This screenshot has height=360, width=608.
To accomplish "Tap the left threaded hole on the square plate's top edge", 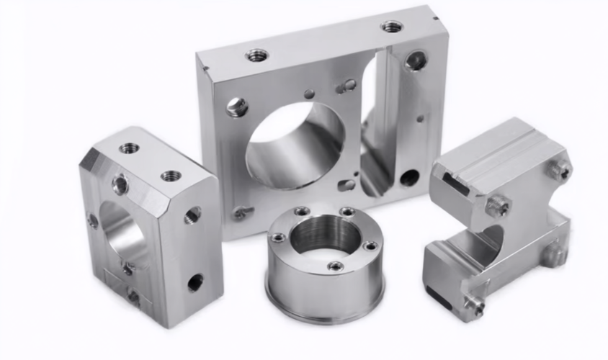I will coord(256,55).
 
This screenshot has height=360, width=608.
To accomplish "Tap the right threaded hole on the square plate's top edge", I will coord(392,27).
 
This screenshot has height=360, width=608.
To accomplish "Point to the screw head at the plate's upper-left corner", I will coord(236,107).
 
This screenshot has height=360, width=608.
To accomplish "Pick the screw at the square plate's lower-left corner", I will coord(240,213).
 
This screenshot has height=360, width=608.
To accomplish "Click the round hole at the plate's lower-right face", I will coord(408,177).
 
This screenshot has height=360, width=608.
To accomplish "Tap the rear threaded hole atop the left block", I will coord(130,148).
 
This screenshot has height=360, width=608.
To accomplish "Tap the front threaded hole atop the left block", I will coord(171,175).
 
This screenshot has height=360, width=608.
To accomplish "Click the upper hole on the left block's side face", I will coord(192,215).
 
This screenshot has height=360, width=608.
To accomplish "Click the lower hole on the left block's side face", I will coord(195,282).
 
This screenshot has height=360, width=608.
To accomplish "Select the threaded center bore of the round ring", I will coord(323,238).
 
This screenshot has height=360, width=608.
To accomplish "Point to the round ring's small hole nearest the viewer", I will coord(335,266).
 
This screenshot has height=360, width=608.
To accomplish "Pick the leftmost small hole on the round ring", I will coord(278,237).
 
